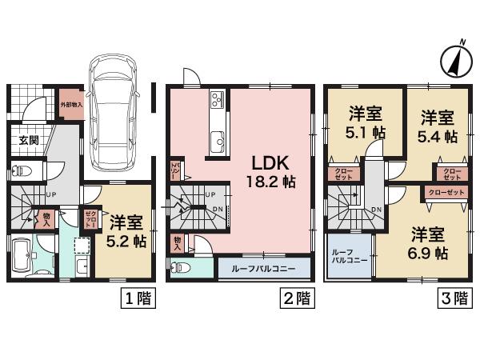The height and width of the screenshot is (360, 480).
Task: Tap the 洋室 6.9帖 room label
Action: point(428,242)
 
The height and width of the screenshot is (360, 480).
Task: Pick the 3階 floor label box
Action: point(454,299)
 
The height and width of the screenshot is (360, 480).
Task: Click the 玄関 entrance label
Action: point(30,141)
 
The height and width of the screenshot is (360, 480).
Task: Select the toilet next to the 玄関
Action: point(25,170)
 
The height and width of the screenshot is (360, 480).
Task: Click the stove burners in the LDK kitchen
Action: point(218,102)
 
